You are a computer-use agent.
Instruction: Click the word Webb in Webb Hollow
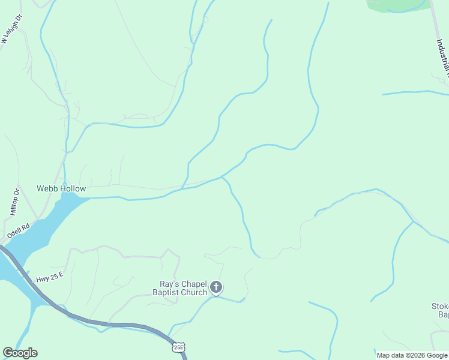(x=48, y=188)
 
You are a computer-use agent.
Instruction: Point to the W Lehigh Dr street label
(x=11, y=29)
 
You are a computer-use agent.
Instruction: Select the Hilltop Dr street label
(x=15, y=202)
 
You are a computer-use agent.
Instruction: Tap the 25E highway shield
(x=178, y=347)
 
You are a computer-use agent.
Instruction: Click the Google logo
(x=20, y=353)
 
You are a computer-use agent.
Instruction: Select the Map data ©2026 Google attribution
(x=412, y=355)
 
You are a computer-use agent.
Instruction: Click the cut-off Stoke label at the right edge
(x=440, y=306)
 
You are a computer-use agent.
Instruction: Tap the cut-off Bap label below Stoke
(x=443, y=314)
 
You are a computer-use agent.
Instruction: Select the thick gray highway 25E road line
(x=90, y=321)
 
